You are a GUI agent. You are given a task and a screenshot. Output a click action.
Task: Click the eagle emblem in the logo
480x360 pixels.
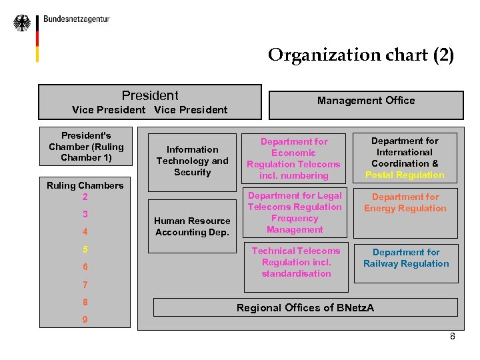coord(22,23)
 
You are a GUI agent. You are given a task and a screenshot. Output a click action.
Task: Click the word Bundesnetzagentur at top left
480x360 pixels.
coord(77,19)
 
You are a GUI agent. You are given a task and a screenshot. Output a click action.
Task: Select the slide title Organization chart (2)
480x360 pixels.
coord(361,55)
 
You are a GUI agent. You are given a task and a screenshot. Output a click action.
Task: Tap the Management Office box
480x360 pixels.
coord(365,101)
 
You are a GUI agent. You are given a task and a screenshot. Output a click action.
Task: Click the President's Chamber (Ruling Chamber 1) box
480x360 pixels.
coord(86,147)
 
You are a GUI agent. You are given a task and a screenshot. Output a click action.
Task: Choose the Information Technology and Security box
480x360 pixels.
coord(192,161)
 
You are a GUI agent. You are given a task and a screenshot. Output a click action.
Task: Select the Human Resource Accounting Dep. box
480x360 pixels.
coord(192,227)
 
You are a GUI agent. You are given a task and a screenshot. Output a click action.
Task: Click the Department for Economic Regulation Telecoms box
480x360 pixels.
coord(294,159)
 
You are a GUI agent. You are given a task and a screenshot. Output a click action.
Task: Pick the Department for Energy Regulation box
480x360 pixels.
coord(405,203)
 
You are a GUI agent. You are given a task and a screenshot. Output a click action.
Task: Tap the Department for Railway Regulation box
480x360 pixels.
coord(406,258)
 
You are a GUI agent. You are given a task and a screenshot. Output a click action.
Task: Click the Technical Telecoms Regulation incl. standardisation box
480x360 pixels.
coord(296,262)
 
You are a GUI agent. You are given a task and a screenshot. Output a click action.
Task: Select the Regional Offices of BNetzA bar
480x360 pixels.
coord(305,307)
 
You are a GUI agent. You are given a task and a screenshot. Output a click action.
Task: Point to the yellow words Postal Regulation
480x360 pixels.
coord(405,175)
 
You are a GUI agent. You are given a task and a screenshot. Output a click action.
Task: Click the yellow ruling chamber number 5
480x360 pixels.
coord(85,249)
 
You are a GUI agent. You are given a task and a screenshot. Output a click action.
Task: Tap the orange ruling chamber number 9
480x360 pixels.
coord(85,319)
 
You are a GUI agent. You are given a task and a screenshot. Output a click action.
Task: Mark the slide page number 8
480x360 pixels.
coord(453,336)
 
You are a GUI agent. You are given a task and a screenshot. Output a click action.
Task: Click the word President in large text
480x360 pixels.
coord(150,95)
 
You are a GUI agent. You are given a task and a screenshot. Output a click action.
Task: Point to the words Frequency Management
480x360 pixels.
coord(295,224)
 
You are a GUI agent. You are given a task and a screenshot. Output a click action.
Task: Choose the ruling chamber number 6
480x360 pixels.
coord(85,267)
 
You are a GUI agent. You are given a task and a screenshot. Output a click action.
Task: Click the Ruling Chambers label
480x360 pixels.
coord(85,185)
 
